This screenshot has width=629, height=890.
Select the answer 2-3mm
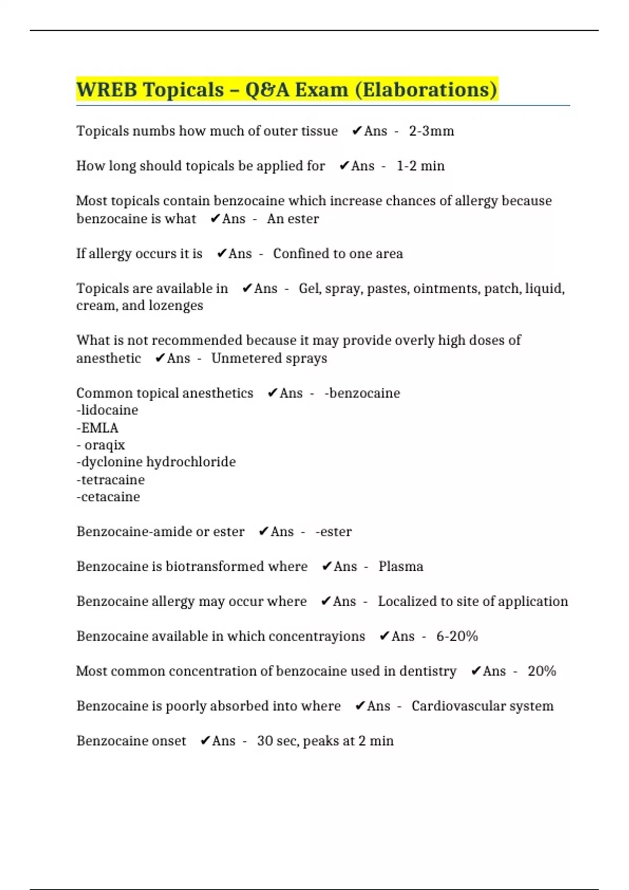(x=431, y=131)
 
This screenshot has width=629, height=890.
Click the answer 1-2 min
(x=420, y=166)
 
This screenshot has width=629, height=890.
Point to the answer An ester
(x=292, y=219)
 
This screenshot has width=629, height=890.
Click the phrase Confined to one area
(x=338, y=254)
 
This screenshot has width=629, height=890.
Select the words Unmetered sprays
(x=269, y=359)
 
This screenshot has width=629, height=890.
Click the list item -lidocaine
(x=107, y=410)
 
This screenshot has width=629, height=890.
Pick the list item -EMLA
(x=97, y=428)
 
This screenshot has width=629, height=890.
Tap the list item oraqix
(x=104, y=446)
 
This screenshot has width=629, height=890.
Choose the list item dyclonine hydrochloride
(x=156, y=462)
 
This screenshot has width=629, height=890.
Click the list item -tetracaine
(x=111, y=480)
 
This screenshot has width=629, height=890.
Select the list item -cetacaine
(x=109, y=497)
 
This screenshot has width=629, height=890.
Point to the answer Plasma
(x=400, y=566)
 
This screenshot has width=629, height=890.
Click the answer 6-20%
(x=457, y=636)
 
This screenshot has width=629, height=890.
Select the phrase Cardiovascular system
(x=482, y=706)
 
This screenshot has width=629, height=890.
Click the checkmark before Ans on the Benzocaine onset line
(x=205, y=741)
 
